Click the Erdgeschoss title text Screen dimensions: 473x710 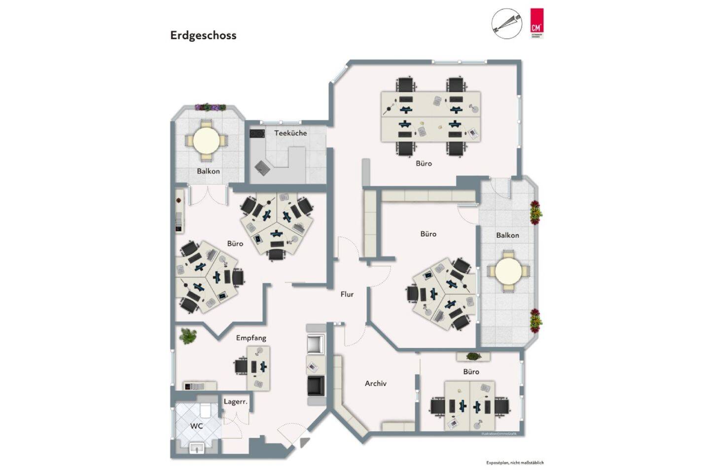[203, 36]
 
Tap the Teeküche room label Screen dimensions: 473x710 [290, 133]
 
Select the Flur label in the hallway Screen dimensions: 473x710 [347, 294]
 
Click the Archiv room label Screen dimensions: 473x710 [376, 383]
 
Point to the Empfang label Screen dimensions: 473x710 [251, 338]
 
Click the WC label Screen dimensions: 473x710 [197, 426]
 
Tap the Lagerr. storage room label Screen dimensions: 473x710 [236, 402]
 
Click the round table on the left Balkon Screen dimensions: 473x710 [207, 141]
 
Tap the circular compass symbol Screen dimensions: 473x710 [506, 23]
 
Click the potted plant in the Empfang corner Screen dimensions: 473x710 [188, 336]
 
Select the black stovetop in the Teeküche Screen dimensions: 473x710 [257, 134]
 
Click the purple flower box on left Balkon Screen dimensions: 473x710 [210, 107]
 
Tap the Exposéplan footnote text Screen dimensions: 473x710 [515, 463]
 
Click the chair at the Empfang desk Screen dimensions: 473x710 [242, 366]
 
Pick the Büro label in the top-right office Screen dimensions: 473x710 [424, 163]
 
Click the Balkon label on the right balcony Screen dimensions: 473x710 [507, 235]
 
